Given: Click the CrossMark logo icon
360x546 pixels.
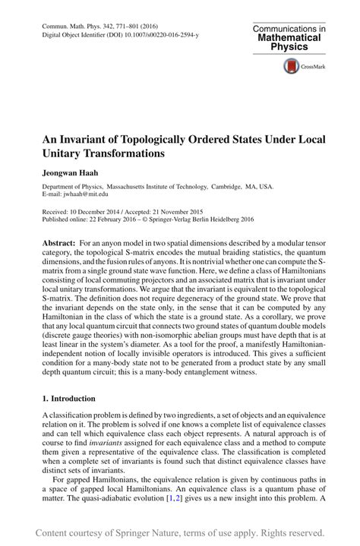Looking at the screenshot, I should pyautogui.click(x=291, y=67).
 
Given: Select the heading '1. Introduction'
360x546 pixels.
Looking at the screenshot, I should pyautogui.click(x=68, y=397).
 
